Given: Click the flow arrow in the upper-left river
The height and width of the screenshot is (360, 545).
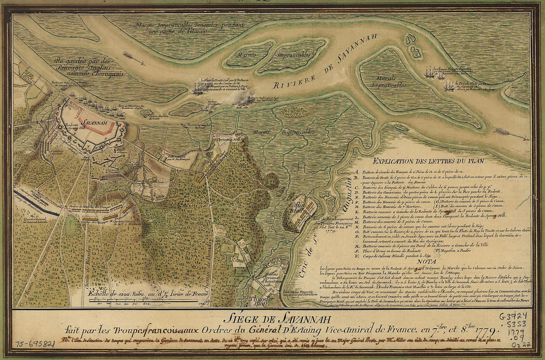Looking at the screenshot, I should (x=134, y=58).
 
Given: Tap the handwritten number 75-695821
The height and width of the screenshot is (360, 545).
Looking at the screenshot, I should (x=35, y=343).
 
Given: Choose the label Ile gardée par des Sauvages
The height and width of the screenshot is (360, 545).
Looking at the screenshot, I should (x=82, y=63).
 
